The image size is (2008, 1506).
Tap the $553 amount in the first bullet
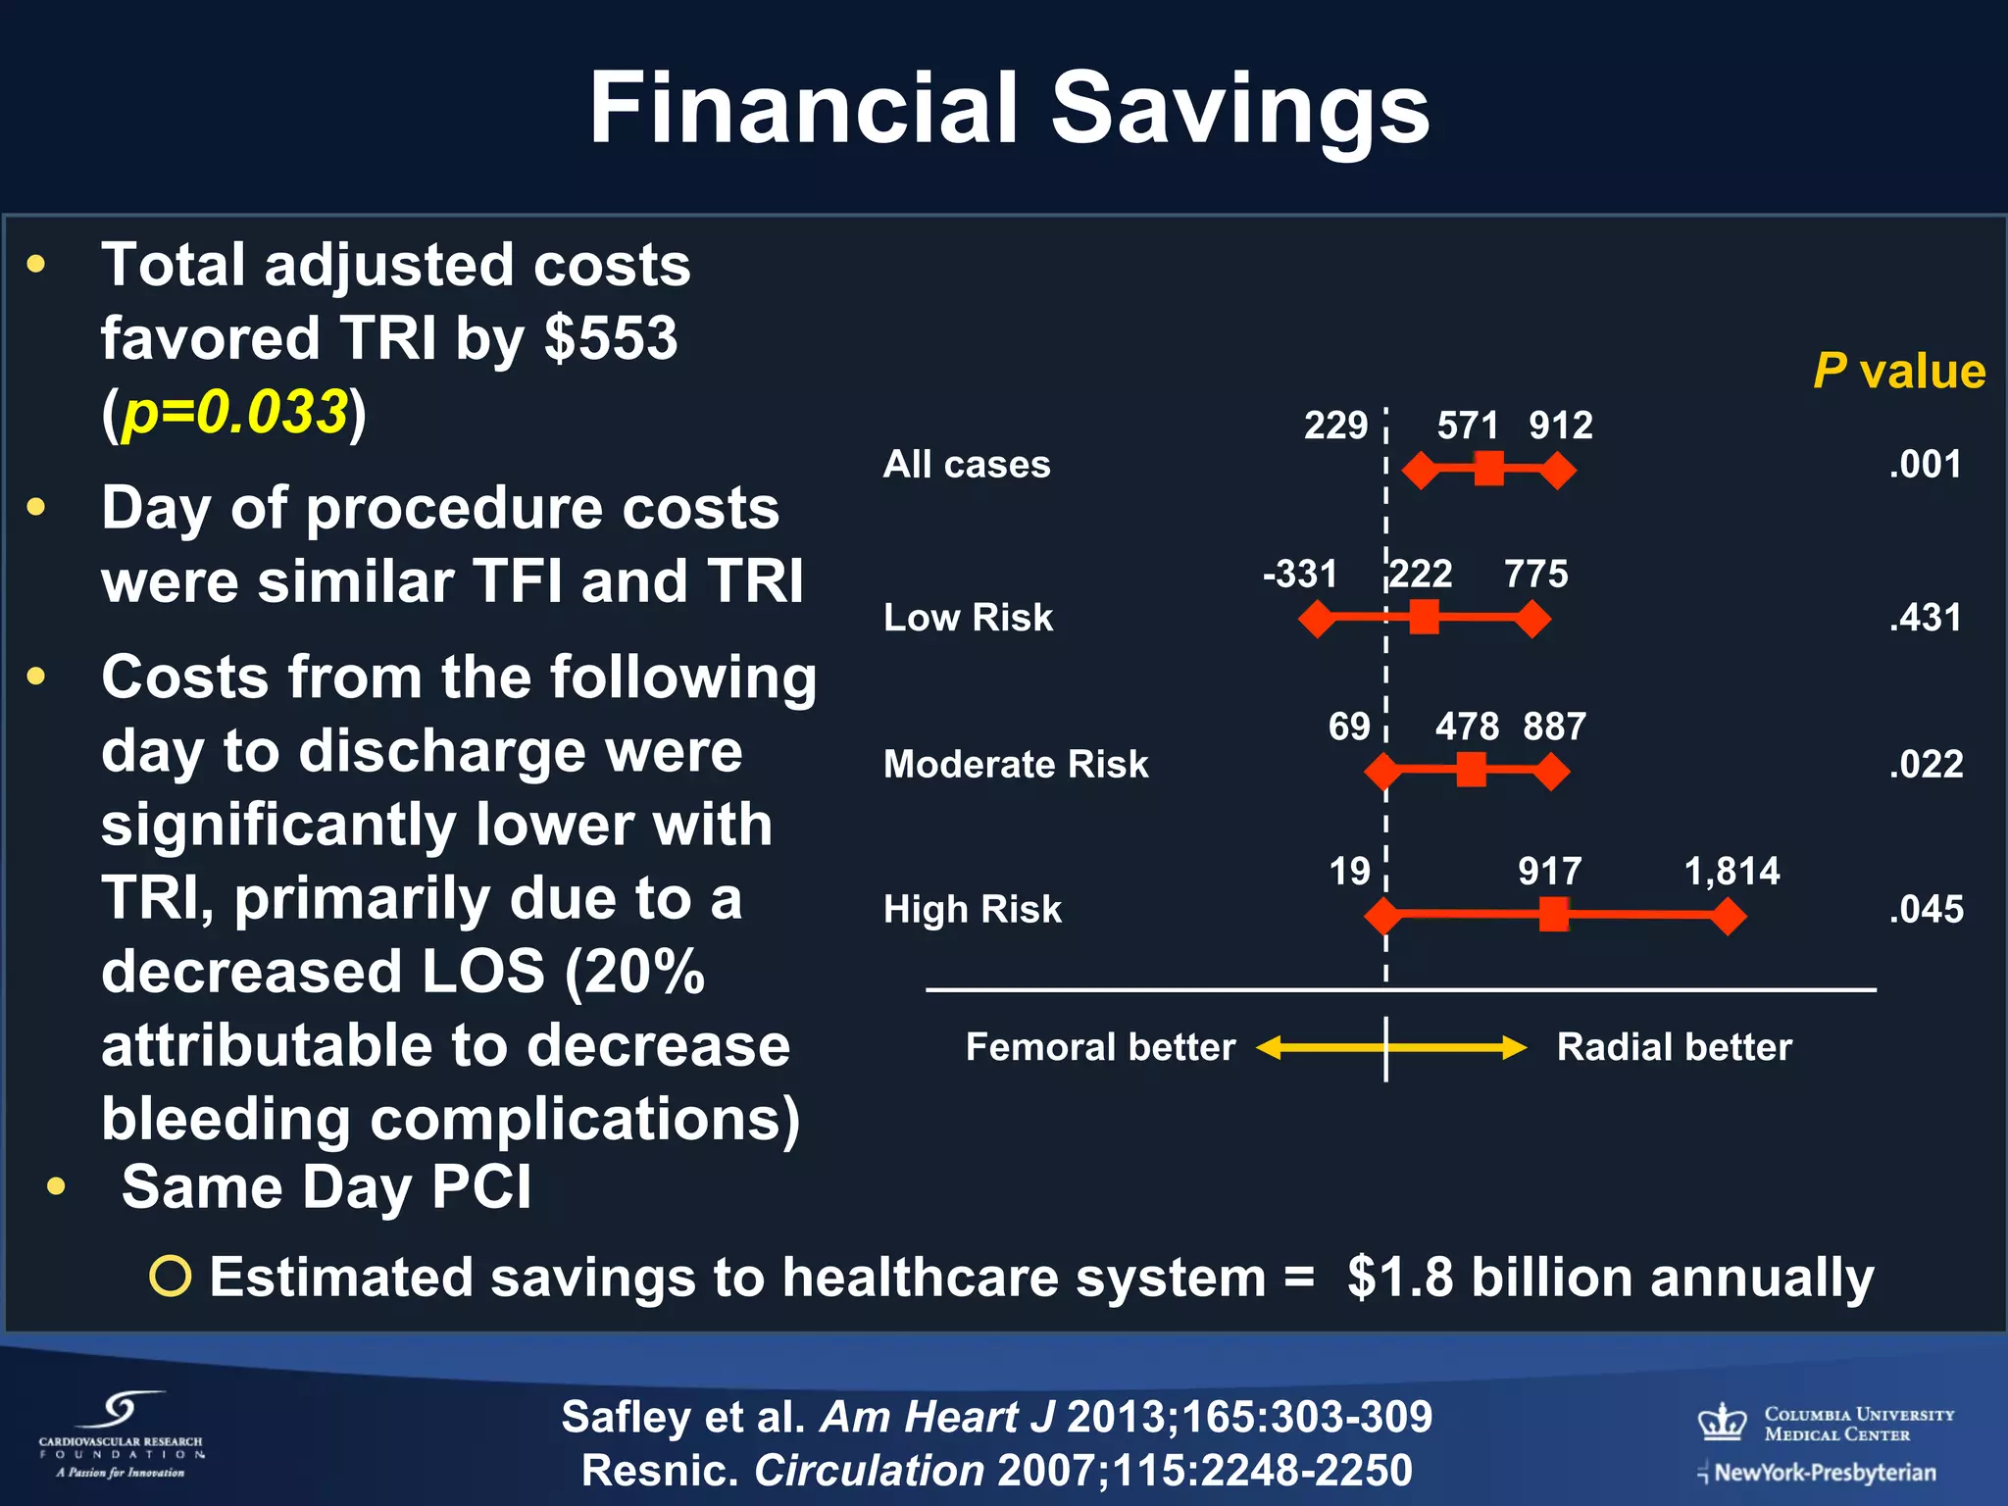click(x=611, y=338)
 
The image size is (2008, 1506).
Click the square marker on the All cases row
click(x=1488, y=470)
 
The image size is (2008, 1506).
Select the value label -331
click(x=1300, y=574)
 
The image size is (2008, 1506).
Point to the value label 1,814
click(x=1732, y=871)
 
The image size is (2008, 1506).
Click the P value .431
click(x=1926, y=618)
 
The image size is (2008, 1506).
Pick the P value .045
click(x=1926, y=909)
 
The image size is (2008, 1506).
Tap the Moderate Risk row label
click(x=1016, y=764)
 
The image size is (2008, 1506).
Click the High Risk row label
click(x=972, y=909)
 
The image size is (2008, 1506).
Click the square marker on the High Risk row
click(x=1554, y=916)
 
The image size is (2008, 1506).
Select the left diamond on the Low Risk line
click(x=1318, y=619)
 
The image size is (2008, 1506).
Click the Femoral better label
click(x=1100, y=1047)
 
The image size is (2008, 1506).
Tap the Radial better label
click(x=1674, y=1047)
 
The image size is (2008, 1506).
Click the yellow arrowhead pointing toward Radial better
click(x=1515, y=1048)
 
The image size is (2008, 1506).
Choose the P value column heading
click(x=1899, y=372)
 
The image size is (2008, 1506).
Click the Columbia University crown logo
click(x=1723, y=1422)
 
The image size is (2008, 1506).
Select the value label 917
click(x=1549, y=871)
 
